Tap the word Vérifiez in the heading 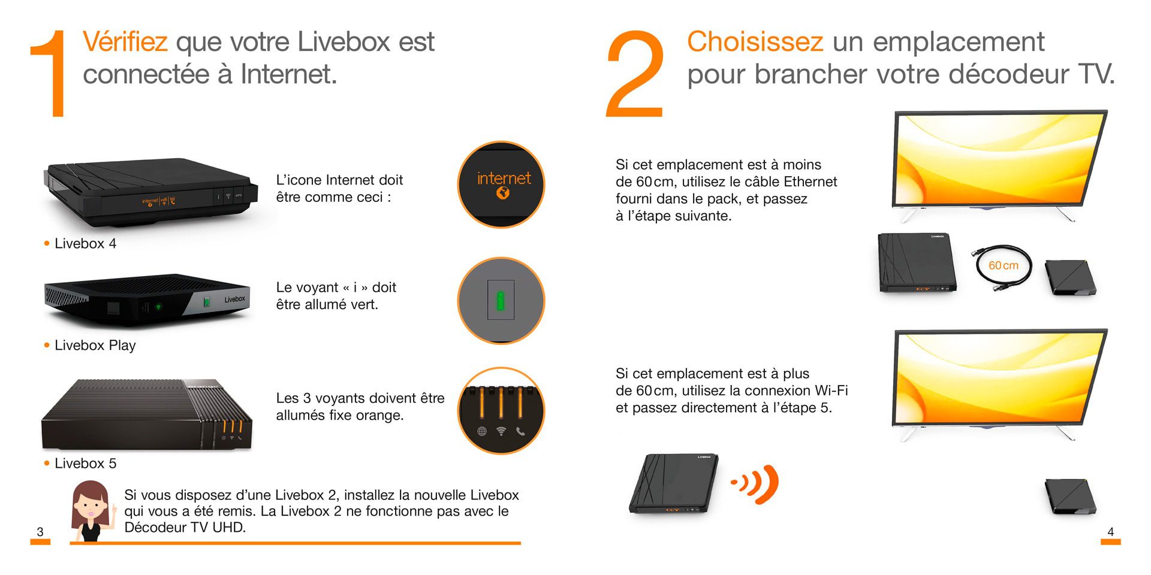[125, 42]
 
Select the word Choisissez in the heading [755, 42]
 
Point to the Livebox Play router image [147, 300]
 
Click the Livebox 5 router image [147, 414]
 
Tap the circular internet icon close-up [501, 184]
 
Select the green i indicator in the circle [501, 300]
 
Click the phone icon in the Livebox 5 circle [520, 431]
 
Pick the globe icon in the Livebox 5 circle [481, 431]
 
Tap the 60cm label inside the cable [1003, 265]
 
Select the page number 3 [40, 531]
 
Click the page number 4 [1110, 531]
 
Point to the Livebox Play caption [95, 346]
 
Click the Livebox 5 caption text [85, 464]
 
